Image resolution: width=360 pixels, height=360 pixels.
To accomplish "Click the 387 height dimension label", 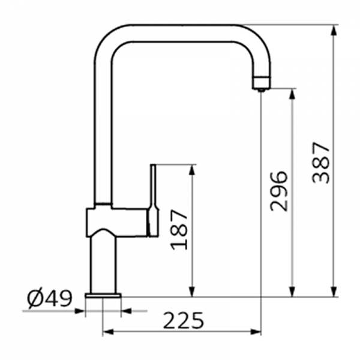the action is (321, 163).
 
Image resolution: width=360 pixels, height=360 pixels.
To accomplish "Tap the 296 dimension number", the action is (279, 191).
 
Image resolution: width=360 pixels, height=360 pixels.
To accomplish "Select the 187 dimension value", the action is (179, 230).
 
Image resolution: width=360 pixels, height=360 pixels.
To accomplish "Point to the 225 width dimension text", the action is (183, 320).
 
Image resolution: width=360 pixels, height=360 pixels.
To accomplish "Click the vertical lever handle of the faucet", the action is (154, 200).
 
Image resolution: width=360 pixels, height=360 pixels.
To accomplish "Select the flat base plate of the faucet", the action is (103, 295).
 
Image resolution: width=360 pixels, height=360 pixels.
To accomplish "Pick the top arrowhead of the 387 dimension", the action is (335, 30).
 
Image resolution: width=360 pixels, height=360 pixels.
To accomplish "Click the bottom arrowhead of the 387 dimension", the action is (335, 291).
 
